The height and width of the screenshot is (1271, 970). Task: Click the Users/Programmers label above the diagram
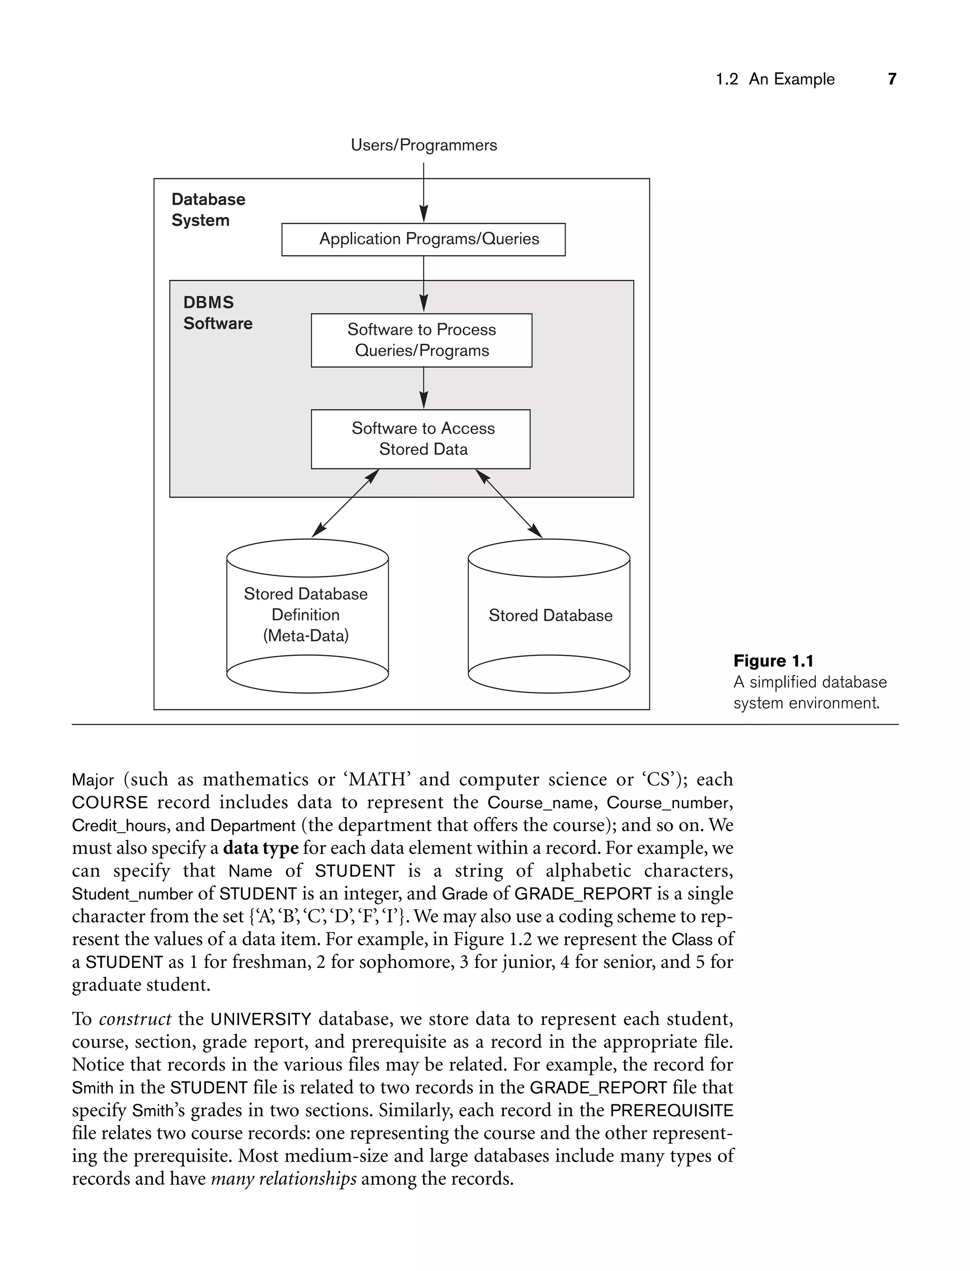point(423,145)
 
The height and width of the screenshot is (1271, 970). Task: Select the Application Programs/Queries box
point(423,239)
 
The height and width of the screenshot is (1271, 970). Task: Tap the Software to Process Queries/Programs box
point(422,340)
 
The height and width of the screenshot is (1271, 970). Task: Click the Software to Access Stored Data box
point(420,439)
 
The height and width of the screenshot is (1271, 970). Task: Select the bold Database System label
point(208,209)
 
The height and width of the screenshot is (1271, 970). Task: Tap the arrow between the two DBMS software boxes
point(423,388)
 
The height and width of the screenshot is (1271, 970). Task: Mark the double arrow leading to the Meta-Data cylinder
point(345,503)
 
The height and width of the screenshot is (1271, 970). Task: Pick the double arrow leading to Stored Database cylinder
point(509,503)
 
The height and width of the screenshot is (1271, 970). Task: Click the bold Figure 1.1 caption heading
point(772,661)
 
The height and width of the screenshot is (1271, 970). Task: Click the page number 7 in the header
point(891,79)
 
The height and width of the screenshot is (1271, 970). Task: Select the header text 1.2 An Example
point(775,79)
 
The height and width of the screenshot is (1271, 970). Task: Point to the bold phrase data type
point(260,848)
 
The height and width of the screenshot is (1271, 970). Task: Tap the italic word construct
point(135,1019)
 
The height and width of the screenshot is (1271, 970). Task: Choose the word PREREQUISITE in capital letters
point(672,1110)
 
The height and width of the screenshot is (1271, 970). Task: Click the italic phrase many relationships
point(284,1179)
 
